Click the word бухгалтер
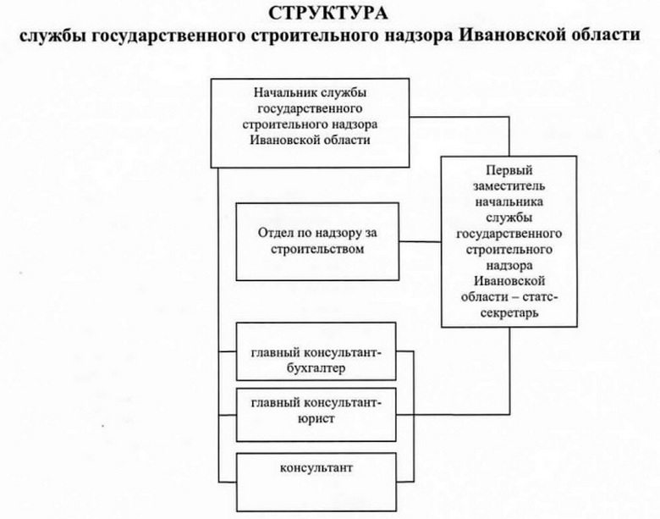314,369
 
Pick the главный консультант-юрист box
316,414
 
